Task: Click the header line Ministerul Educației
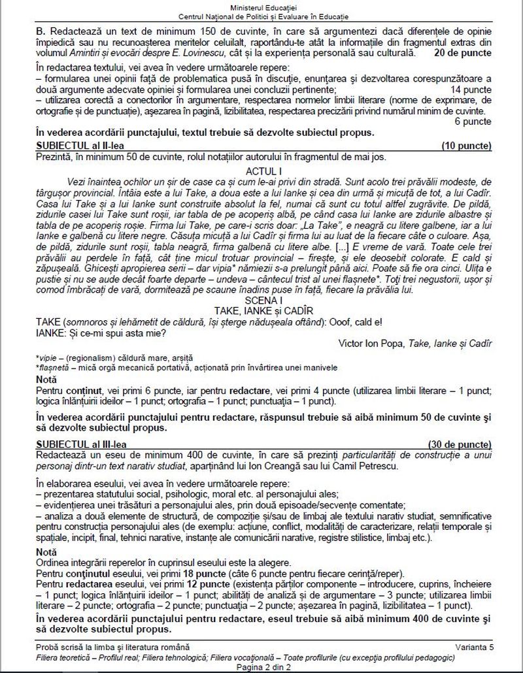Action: coord(261,6)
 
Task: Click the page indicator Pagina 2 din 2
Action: coord(261,665)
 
